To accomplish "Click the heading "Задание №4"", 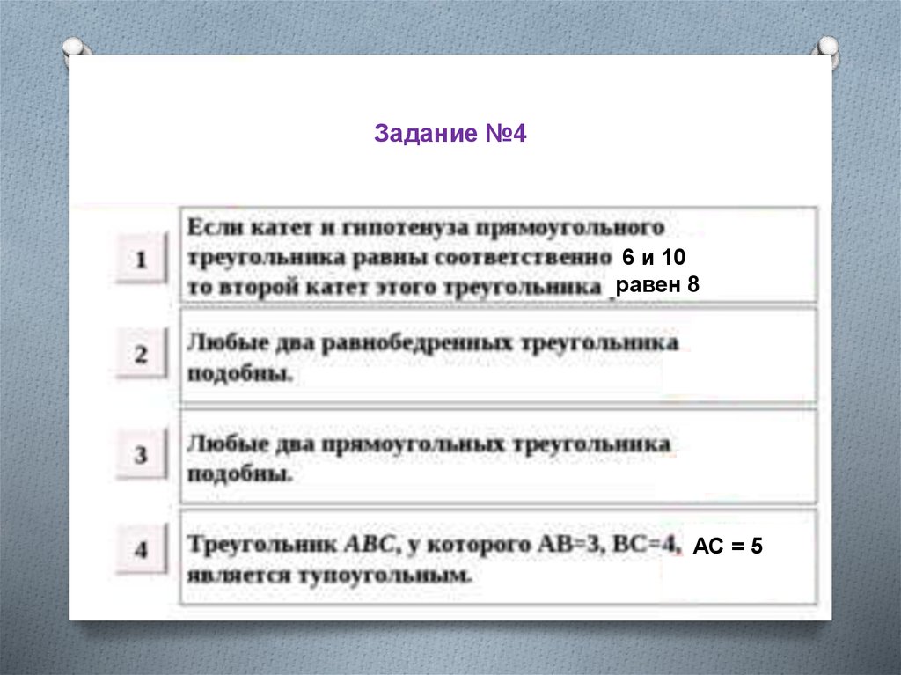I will click(450, 135).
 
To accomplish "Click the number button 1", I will click(141, 260).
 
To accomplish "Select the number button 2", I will click(141, 356).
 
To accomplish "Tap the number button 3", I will click(141, 455).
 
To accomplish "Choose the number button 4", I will click(141, 551).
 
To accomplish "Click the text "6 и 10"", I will click(653, 257).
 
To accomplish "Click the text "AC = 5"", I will click(728, 547).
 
